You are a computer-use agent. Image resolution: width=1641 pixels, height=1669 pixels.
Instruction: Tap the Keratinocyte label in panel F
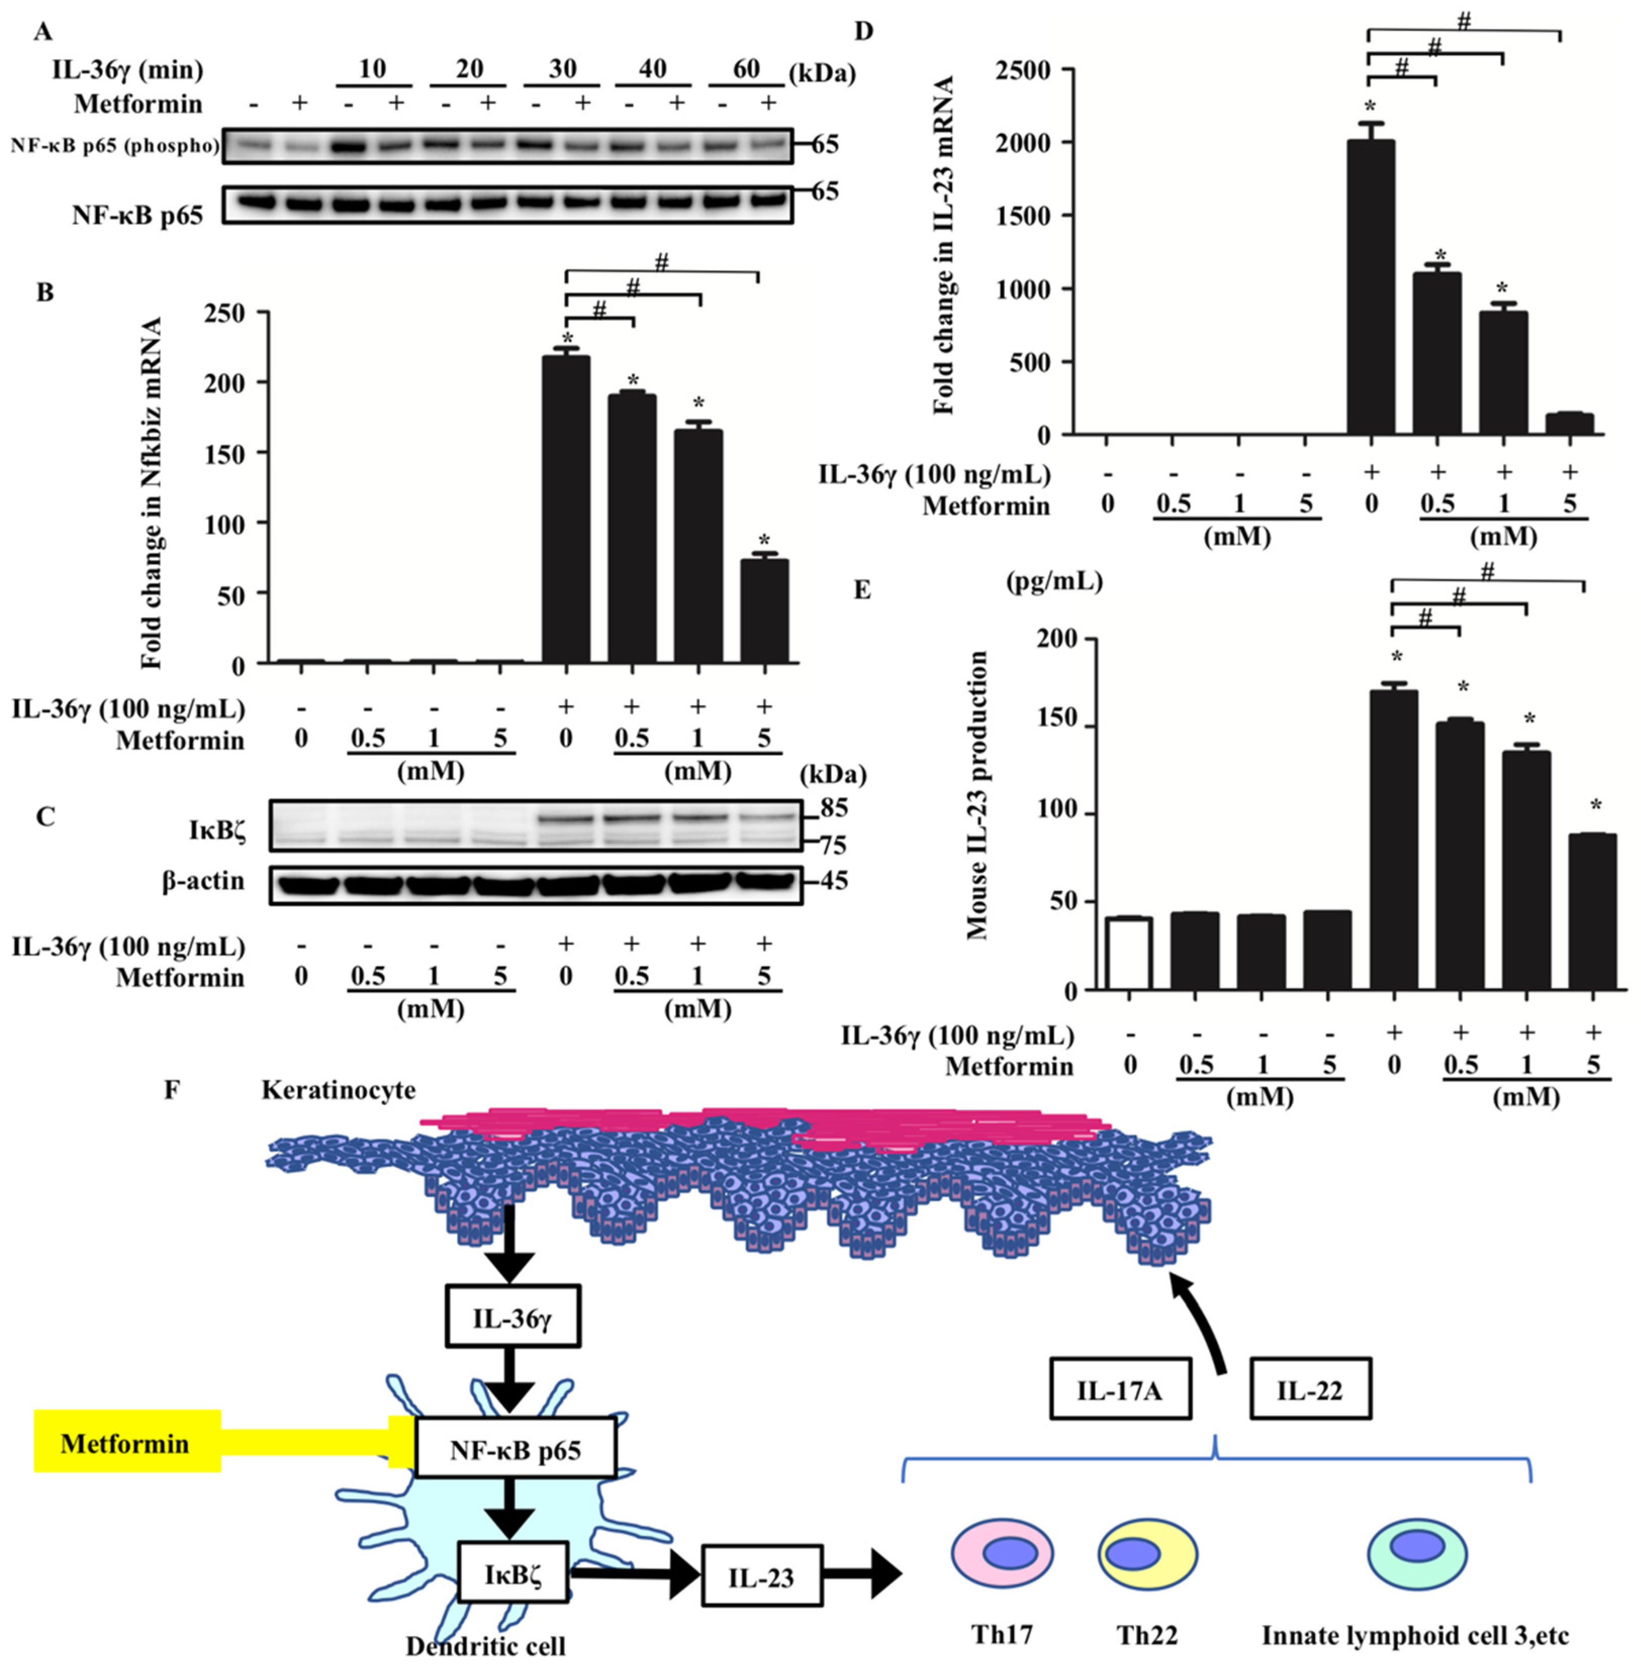338,1090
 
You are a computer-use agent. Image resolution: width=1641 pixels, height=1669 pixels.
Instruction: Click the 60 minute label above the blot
746,68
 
